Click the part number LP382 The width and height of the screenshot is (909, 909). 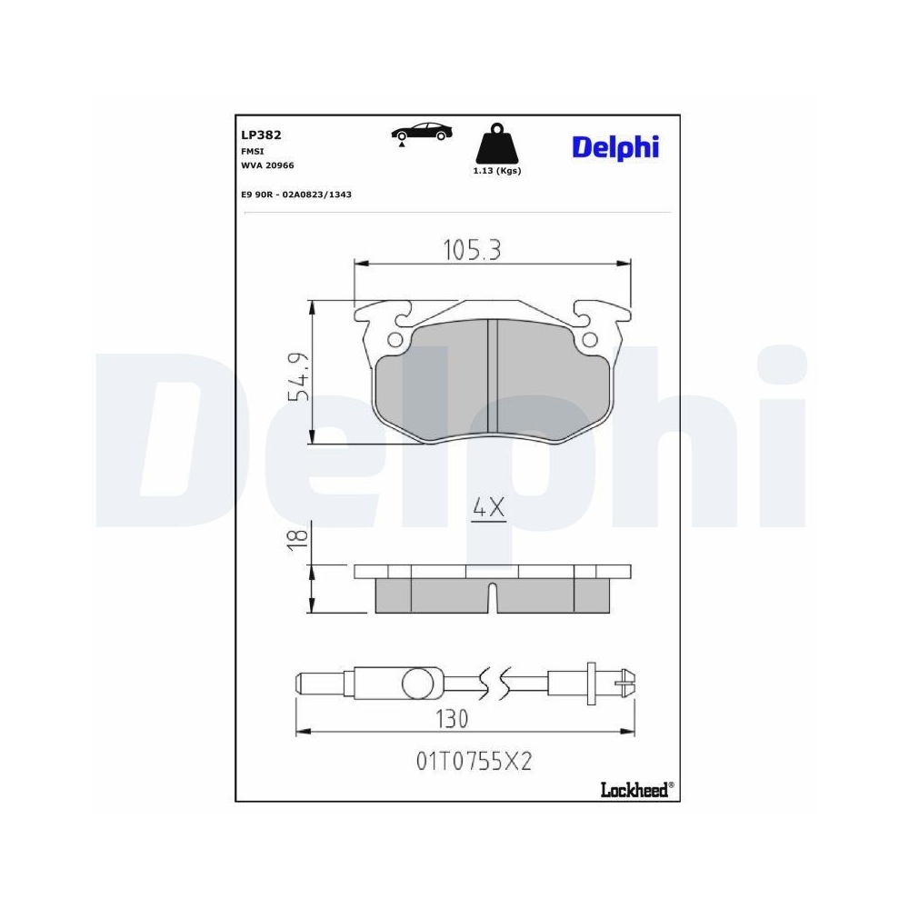pos(261,135)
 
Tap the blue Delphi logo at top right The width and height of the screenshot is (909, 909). pos(615,147)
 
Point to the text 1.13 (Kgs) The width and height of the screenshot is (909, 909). pos(497,171)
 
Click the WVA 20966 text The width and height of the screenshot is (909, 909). pos(267,165)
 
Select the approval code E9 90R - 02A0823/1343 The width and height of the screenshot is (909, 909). pos(296,195)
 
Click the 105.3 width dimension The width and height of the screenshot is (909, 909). pos(472,249)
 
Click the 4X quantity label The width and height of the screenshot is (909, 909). pos(488,510)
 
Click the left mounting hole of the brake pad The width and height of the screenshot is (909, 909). pos(395,340)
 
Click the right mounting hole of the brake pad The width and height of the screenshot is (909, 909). pos(589,340)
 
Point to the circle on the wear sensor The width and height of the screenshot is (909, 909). pos(418,682)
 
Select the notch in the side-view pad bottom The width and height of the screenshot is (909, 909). pos(492,598)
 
